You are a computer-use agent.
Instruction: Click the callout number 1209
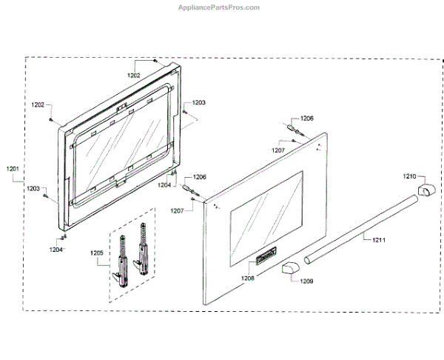point(306,281)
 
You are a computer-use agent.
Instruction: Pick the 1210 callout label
point(410,176)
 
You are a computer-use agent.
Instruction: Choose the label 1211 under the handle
point(378,239)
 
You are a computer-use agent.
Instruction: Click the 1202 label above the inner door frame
point(134,76)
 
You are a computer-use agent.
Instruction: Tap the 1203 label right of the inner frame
point(199,102)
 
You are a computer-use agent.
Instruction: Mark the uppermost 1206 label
point(306,119)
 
